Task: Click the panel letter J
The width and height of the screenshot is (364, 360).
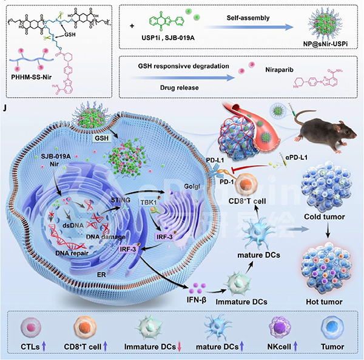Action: pos(6,109)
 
